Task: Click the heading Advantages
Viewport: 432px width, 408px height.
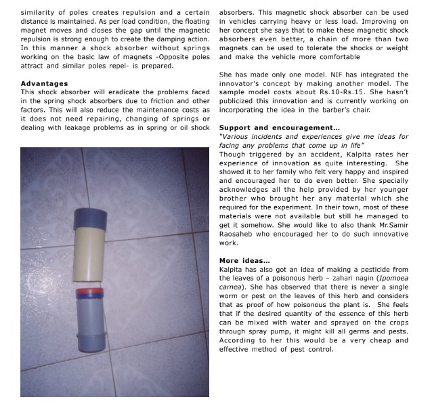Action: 44,83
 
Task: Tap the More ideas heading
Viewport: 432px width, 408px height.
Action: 244,260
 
